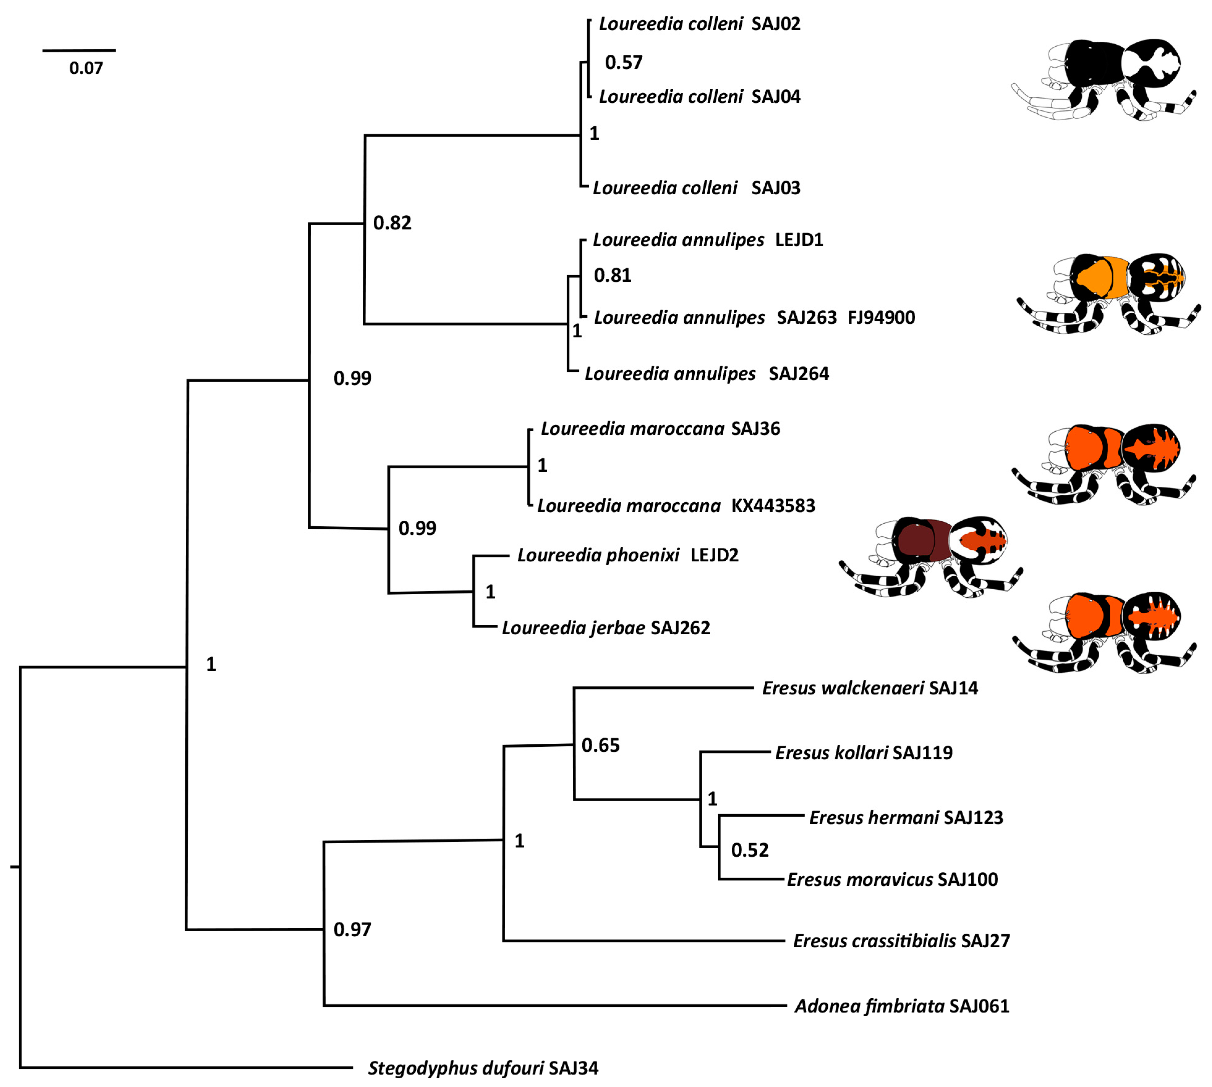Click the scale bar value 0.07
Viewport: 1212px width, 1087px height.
(86, 68)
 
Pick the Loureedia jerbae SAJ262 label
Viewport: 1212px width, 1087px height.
(606, 628)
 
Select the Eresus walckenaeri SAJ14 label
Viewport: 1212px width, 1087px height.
(870, 688)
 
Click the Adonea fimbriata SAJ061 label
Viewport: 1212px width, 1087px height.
(902, 1006)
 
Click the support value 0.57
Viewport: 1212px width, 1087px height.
(623, 63)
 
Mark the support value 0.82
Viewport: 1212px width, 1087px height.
(392, 223)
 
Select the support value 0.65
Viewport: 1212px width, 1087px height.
(601, 745)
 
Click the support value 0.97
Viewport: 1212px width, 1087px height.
(352, 930)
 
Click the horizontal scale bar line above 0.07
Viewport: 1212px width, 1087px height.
(79, 50)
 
